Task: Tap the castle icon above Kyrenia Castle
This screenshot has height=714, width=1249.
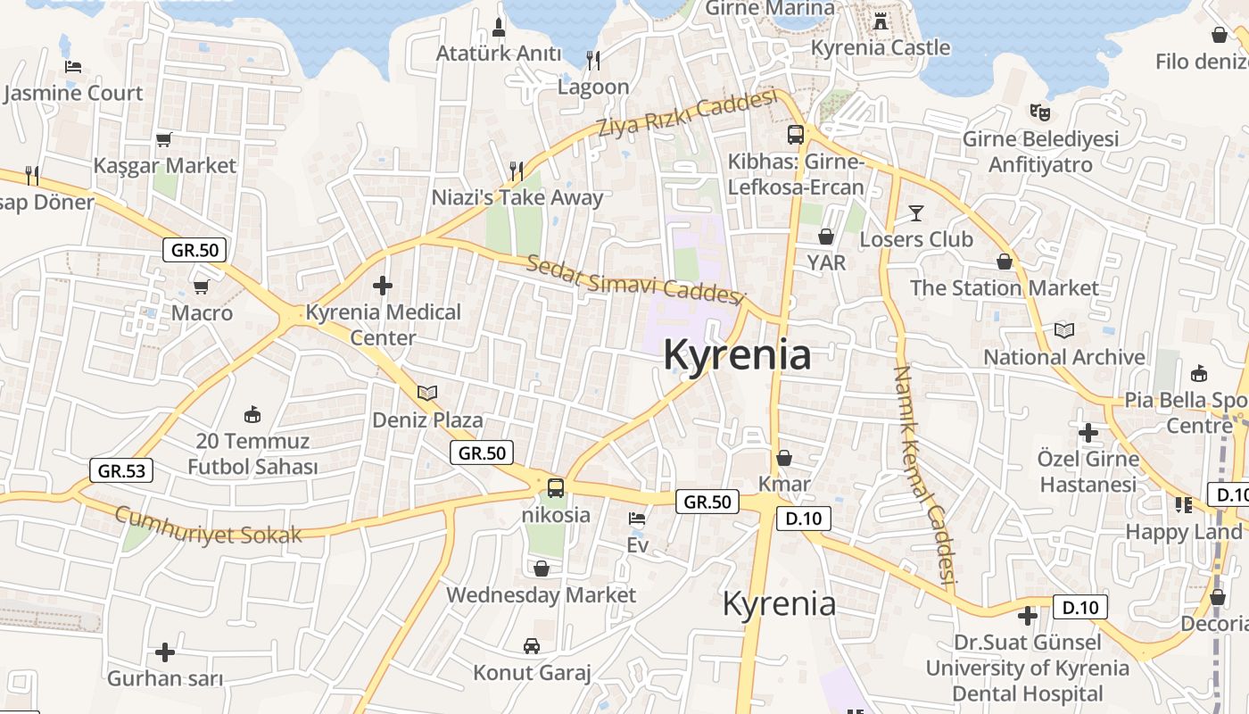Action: click(x=881, y=21)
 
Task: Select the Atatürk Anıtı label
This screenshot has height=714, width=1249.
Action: click(x=499, y=54)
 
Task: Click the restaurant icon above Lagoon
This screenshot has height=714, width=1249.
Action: click(x=593, y=60)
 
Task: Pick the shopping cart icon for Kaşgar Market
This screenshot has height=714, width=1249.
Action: click(x=163, y=139)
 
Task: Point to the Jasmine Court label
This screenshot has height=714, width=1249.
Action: click(x=73, y=93)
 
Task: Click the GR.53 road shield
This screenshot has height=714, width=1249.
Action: click(x=121, y=470)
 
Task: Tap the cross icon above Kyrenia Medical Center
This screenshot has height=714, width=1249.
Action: click(x=383, y=286)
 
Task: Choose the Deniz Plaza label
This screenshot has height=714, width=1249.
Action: click(x=427, y=419)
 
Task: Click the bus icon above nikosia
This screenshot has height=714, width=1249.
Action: click(x=556, y=487)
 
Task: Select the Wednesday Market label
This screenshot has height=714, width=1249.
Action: click(x=541, y=594)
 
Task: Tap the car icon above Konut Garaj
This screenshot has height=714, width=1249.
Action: click(x=532, y=645)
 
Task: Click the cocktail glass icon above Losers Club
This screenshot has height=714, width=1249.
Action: click(x=916, y=212)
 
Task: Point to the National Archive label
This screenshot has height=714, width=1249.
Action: click(x=1064, y=357)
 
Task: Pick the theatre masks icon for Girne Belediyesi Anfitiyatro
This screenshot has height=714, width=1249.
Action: click(x=1039, y=112)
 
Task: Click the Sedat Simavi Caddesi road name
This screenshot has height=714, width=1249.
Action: click(x=634, y=279)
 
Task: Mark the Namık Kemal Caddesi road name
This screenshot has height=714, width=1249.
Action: click(x=924, y=477)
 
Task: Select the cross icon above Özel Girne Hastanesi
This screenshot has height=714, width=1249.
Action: click(x=1088, y=433)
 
